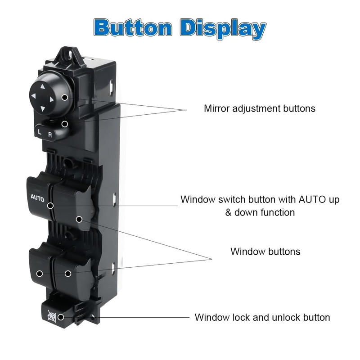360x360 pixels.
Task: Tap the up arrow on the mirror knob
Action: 42,87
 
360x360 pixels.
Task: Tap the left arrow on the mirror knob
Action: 33,96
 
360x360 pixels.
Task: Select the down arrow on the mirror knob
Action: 42,108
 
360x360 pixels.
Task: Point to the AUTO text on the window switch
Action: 37,197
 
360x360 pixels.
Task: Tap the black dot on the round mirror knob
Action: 65,97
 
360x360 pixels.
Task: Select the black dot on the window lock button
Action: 61,317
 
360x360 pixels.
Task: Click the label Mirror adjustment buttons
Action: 259,108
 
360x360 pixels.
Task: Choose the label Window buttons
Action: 265,251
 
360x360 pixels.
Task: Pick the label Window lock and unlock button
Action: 262,317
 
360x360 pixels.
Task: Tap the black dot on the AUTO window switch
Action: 50,205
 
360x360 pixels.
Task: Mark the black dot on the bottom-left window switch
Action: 40,273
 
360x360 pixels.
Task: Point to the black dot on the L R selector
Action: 65,123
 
